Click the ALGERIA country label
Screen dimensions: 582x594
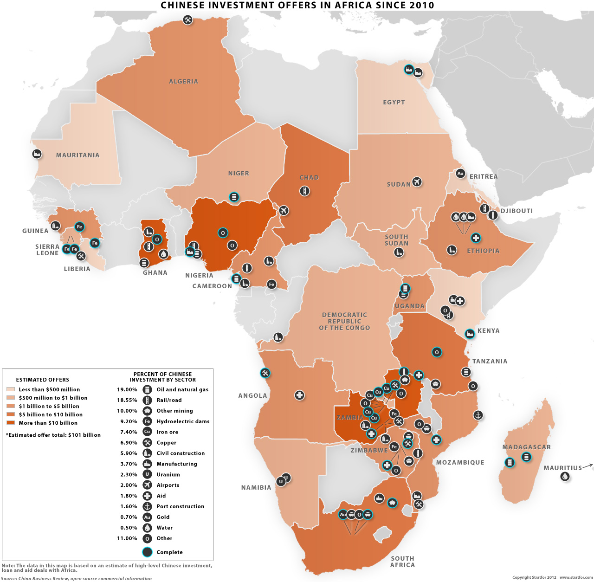tap(183, 82)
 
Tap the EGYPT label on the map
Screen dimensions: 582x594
tap(394, 102)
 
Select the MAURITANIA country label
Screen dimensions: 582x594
tap(77, 155)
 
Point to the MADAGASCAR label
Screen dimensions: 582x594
tap(526, 447)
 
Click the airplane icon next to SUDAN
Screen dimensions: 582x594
tap(417, 181)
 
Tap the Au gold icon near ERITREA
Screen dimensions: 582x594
tap(460, 173)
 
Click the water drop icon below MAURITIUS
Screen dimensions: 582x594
tap(565, 476)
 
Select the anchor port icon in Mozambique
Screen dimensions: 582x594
tap(478, 415)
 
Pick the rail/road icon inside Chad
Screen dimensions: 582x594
tap(304, 191)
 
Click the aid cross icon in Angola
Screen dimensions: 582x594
tap(300, 395)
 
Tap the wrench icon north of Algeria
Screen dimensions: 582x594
tap(187, 20)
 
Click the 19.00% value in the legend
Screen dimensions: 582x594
tap(127, 390)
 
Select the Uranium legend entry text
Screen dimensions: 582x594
tap(168, 475)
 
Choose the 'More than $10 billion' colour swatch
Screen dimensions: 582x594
tap(11, 423)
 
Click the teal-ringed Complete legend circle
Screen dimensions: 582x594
tap(147, 552)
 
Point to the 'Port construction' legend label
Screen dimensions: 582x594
tap(180, 506)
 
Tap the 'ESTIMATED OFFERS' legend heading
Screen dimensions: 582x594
tap(42, 380)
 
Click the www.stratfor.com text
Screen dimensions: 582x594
tap(576, 577)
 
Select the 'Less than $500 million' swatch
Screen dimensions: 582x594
tap(11, 389)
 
